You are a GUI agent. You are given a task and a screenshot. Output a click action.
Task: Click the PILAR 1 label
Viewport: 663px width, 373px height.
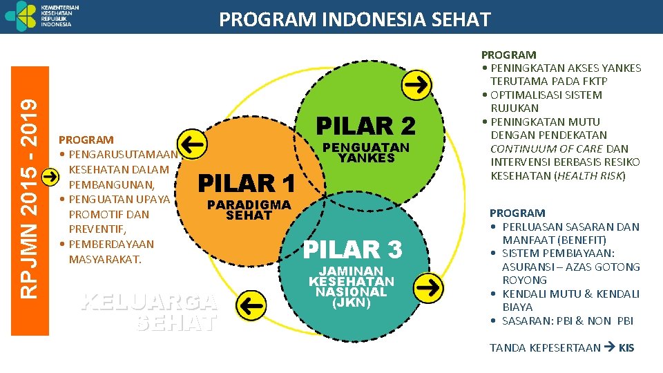[x=247, y=184]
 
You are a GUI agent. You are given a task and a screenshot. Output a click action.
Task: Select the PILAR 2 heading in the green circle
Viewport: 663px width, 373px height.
[x=365, y=126]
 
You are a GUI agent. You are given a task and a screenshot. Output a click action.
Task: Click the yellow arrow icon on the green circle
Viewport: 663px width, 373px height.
[x=416, y=84]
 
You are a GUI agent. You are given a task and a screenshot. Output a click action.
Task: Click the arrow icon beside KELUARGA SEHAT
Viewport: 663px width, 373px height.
[x=252, y=302]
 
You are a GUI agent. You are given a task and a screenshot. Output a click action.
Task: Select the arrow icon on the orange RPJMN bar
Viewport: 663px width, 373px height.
[x=50, y=176]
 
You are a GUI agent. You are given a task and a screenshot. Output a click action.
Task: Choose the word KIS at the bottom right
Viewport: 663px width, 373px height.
[x=626, y=347]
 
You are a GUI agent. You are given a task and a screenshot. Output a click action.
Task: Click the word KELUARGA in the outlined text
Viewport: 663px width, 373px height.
[x=148, y=301]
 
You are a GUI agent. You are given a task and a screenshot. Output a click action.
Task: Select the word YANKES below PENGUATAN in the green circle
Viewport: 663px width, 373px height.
[x=366, y=157]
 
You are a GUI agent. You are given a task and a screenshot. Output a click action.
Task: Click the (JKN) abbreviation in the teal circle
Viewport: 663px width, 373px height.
[x=351, y=303]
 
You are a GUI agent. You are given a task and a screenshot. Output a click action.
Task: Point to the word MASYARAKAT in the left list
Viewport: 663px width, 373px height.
[x=105, y=259]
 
